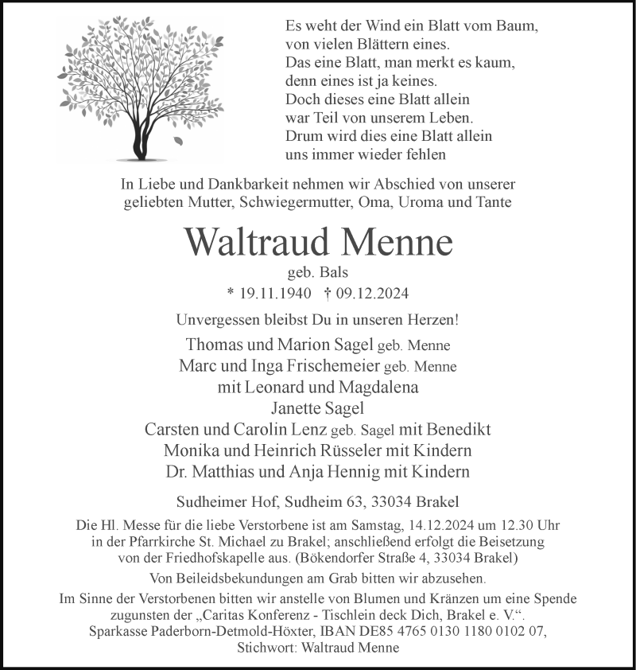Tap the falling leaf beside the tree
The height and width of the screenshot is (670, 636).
coord(177,141)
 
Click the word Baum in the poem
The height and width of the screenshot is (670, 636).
coord(519,26)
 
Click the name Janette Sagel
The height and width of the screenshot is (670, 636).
coord(318,409)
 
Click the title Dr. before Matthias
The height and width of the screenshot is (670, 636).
coord(179,471)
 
